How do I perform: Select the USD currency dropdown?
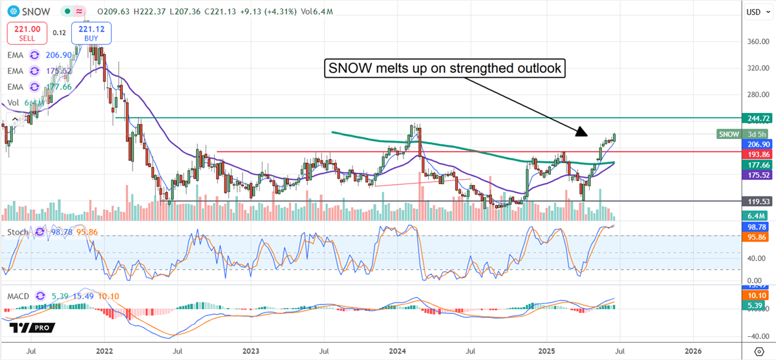pyautogui.click(x=753, y=12)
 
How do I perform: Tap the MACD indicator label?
pyautogui.click(x=18, y=296)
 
